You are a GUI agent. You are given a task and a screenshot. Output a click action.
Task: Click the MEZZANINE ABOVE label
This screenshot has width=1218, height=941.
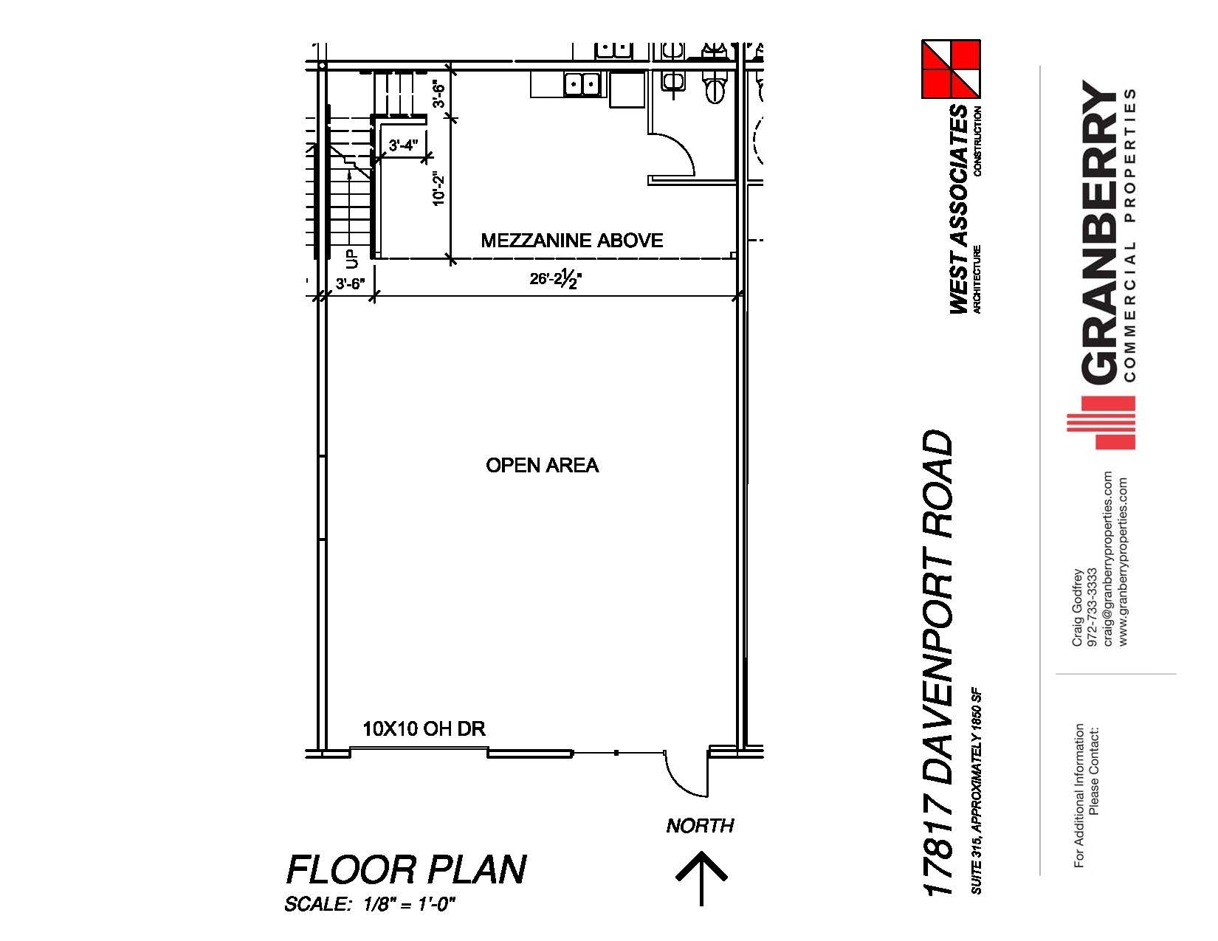[571, 241]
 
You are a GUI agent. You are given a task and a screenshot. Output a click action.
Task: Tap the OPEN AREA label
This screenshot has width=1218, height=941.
[542, 465]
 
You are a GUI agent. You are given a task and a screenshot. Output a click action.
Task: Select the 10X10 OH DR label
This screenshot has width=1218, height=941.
[424, 729]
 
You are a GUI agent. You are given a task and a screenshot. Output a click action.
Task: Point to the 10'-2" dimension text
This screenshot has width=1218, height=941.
[439, 188]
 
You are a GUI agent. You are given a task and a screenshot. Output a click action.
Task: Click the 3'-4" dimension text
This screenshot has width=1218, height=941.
[403, 146]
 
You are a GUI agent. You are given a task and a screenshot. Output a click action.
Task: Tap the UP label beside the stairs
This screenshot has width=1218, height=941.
[351, 260]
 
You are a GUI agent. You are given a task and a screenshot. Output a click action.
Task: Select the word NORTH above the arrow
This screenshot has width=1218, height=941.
[700, 826]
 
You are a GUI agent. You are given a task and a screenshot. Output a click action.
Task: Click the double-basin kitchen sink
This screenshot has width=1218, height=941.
[582, 84]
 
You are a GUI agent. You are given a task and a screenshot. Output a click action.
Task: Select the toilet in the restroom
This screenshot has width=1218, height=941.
[715, 89]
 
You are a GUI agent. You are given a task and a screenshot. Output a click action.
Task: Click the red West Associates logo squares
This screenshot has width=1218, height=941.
[950, 69]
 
